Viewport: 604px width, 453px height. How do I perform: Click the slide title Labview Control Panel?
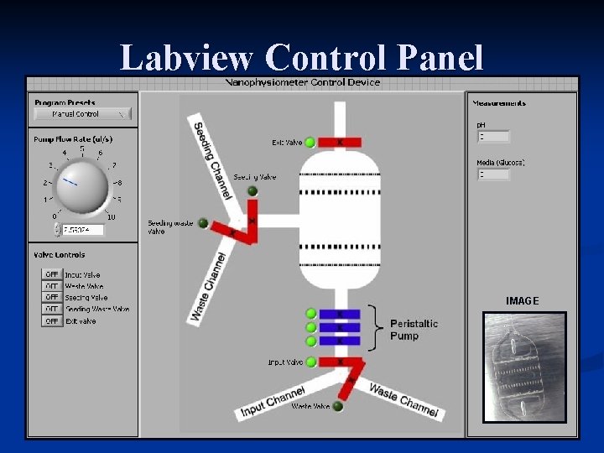coord(302,57)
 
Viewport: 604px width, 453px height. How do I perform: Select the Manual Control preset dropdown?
coord(81,113)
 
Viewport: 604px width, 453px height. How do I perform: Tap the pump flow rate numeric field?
coord(82,229)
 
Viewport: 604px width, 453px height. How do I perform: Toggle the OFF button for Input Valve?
coord(52,274)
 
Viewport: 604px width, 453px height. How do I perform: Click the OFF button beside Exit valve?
coord(52,320)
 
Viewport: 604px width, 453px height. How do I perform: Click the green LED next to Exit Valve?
coord(310,143)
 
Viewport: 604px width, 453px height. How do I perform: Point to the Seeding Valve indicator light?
coord(253,190)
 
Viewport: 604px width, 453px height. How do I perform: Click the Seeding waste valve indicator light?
coord(203,223)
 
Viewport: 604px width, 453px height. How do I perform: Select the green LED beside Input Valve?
coord(310,362)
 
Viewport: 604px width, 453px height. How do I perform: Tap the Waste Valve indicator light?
coord(337,407)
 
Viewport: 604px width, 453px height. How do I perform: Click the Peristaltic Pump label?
coord(414,330)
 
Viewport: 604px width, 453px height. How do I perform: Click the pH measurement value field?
coord(493,137)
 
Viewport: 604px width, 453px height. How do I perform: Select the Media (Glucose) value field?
coord(493,174)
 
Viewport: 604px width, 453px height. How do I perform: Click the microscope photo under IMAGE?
coord(525,366)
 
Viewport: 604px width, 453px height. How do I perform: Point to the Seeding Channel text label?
coord(211,160)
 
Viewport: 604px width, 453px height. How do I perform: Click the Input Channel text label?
coord(273,402)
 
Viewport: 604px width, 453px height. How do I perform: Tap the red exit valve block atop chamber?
coord(339,143)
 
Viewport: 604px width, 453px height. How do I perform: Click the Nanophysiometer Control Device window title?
coord(303,82)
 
